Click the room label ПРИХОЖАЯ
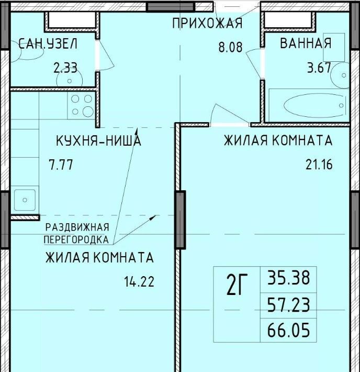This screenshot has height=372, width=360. click(x=207, y=23)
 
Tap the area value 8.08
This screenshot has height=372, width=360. click(x=230, y=47)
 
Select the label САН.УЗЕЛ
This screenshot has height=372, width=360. click(x=48, y=44)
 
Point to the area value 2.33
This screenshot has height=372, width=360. click(x=65, y=68)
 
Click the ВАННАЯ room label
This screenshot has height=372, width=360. click(x=306, y=43)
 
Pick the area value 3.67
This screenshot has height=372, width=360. click(x=319, y=68)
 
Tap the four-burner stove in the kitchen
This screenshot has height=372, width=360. click(x=82, y=105)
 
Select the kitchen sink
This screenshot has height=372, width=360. click(x=25, y=200)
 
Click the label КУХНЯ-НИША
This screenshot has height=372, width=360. click(x=98, y=140)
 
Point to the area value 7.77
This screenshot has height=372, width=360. click(x=61, y=165)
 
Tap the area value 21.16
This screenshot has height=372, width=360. click(x=319, y=165)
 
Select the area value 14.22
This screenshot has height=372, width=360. click(x=139, y=281)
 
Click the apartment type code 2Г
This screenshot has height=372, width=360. click(x=237, y=285)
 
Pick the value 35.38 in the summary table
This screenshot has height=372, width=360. click(x=289, y=278)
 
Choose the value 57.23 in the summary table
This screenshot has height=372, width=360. click(x=289, y=305)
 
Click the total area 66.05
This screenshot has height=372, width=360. click(x=289, y=330)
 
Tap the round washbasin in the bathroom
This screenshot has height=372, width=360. click(x=340, y=75)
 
